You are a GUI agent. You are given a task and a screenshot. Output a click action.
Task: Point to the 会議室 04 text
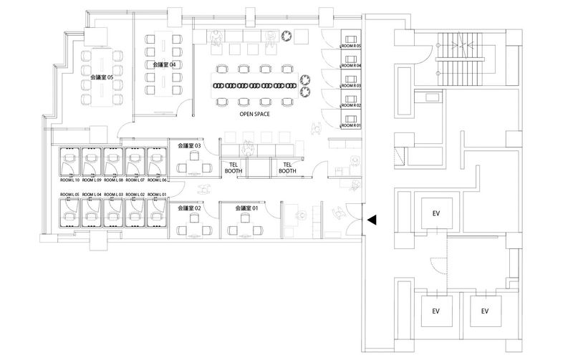tap(164, 64)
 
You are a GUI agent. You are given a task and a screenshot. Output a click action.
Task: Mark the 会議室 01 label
tap(246, 208)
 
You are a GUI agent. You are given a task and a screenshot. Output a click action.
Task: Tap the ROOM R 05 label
tap(351, 46)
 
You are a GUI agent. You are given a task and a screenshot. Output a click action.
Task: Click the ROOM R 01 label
tap(351, 125)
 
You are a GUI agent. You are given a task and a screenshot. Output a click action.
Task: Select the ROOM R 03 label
tap(351, 85)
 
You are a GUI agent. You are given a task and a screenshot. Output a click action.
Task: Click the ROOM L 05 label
tap(70, 195)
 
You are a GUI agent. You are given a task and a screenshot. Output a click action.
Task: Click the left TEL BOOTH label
tap(234, 167)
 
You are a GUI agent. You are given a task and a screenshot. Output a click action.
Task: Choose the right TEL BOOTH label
tap(287, 167)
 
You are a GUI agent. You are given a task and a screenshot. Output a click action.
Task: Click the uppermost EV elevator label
tap(436, 213)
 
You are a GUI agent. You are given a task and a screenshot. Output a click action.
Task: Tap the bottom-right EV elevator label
tap(485, 311)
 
